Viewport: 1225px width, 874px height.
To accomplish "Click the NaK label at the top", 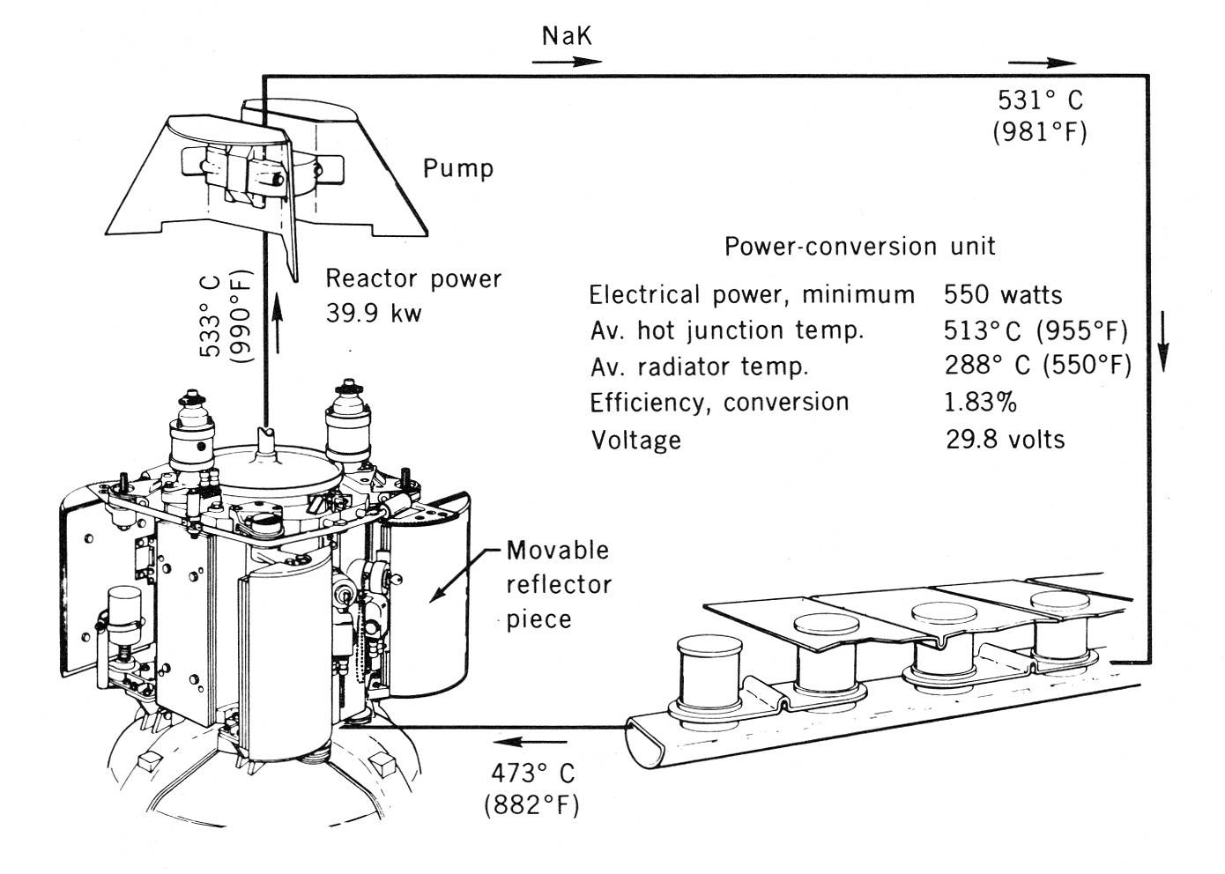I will [x=567, y=36].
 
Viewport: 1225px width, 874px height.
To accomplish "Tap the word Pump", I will [x=457, y=168].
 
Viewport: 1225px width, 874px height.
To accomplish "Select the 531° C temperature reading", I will [x=1040, y=99].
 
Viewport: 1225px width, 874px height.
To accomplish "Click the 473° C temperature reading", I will [x=531, y=773].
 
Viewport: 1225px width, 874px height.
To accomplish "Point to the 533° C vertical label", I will [x=212, y=316].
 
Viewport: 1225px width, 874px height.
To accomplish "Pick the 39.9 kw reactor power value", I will [x=374, y=313].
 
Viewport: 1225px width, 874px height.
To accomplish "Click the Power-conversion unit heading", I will [x=859, y=246].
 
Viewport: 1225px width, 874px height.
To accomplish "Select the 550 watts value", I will [x=1003, y=294].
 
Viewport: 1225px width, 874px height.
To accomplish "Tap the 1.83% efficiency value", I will [x=980, y=403].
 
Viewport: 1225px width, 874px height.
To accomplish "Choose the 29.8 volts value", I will [x=1005, y=439].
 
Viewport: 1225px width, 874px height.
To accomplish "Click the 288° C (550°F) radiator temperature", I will [x=1037, y=365].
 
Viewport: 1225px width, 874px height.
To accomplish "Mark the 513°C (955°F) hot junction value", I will [x=1036, y=330].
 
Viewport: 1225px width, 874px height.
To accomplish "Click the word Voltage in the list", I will [x=635, y=440].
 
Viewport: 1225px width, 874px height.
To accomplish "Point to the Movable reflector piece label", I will [x=558, y=584].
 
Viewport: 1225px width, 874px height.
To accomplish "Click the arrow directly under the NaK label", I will [x=567, y=62].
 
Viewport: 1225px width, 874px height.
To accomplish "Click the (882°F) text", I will [x=531, y=805].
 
